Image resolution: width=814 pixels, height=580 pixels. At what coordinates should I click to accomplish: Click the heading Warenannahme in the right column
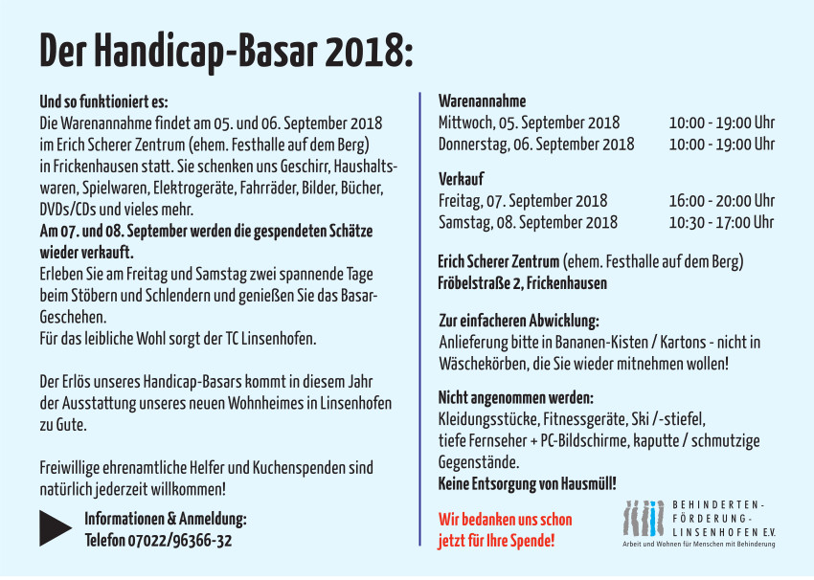[x=482, y=101]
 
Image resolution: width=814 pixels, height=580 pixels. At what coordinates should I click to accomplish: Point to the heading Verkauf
[x=461, y=179]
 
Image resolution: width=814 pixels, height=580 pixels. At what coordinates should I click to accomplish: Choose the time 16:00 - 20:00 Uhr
[x=721, y=201]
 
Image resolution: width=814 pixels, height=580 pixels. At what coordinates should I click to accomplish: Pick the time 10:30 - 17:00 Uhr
[x=721, y=222]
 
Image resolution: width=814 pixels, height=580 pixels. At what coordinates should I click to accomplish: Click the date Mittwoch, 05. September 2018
[x=529, y=123]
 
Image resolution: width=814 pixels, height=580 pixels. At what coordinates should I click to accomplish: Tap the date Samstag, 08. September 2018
[x=528, y=222]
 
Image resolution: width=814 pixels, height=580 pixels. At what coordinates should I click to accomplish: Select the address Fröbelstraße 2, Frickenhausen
[x=522, y=283]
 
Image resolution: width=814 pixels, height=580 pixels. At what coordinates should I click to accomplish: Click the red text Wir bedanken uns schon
[x=505, y=520]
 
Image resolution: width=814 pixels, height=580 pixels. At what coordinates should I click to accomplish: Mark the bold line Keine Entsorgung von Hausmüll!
[x=527, y=484]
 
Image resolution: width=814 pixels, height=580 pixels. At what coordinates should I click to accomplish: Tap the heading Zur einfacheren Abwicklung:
[x=518, y=321]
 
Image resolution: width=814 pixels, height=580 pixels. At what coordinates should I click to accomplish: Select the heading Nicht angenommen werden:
[x=515, y=397]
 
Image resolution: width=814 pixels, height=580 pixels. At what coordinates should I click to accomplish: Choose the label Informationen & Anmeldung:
[x=166, y=520]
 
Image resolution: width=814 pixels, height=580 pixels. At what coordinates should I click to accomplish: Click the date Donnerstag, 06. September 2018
[x=536, y=145]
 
